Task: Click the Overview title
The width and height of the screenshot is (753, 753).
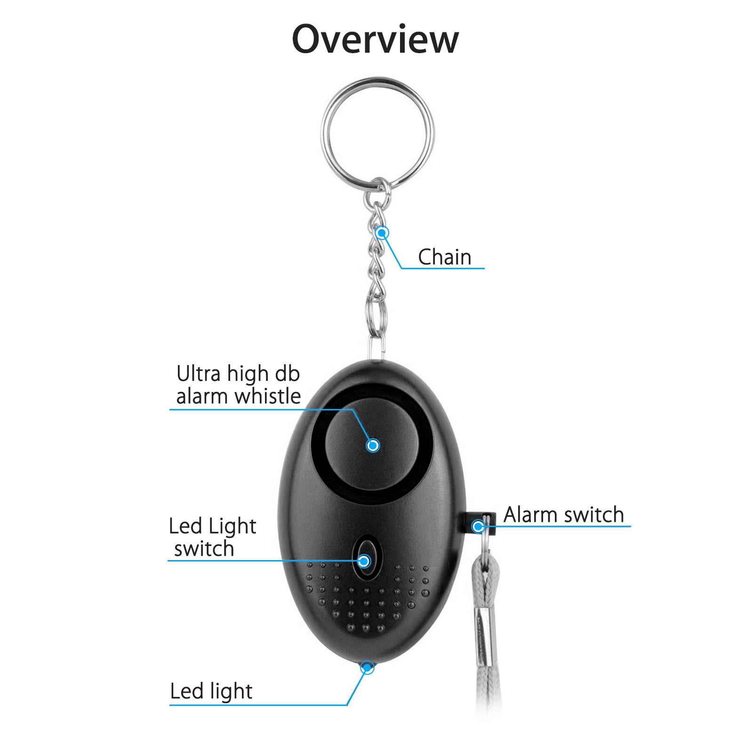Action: pyautogui.click(x=375, y=39)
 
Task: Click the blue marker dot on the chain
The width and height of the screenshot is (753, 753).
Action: pyautogui.click(x=382, y=232)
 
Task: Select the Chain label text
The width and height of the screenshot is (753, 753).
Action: pyautogui.click(x=444, y=257)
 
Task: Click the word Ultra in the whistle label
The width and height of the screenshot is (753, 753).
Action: pyautogui.click(x=198, y=374)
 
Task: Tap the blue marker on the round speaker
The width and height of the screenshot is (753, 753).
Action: pyautogui.click(x=373, y=445)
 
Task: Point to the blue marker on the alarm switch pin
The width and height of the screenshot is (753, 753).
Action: pyautogui.click(x=479, y=526)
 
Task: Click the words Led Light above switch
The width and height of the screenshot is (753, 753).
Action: pyautogui.click(x=212, y=527)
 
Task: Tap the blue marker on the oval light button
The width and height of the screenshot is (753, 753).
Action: pyautogui.click(x=364, y=561)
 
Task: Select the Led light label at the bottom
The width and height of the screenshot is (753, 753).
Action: pyautogui.click(x=211, y=691)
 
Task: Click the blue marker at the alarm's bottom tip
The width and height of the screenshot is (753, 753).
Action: pyautogui.click(x=367, y=667)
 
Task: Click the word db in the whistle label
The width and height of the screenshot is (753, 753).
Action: pyautogui.click(x=288, y=374)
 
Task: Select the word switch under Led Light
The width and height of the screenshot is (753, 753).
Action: pyautogui.click(x=204, y=549)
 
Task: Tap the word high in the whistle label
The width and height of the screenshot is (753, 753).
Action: pyautogui.click(x=248, y=375)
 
